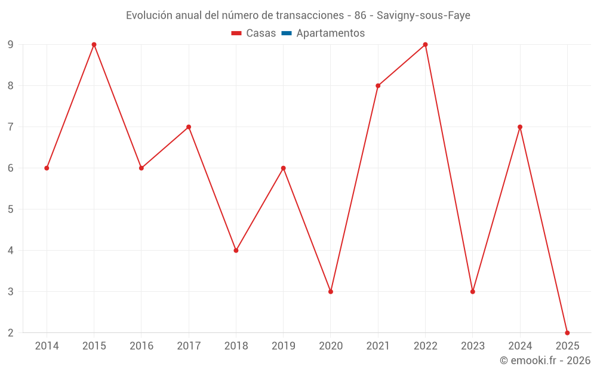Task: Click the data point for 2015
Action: [x=94, y=45]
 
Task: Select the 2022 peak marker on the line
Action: [x=425, y=45]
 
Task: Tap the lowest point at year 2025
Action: [x=567, y=332]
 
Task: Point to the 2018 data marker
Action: [x=236, y=250]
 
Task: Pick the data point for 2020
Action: [x=331, y=291]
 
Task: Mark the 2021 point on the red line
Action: [x=378, y=85]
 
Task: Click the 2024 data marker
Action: [x=520, y=127]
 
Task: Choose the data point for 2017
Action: [x=189, y=127]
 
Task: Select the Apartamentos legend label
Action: [x=330, y=33]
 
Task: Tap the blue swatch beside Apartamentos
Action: [x=286, y=33]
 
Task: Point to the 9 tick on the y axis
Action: [x=11, y=45]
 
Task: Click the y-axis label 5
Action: [x=11, y=209]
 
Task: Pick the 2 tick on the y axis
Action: [x=11, y=332]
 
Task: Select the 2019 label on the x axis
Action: [x=283, y=346]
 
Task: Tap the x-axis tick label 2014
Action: [x=47, y=346]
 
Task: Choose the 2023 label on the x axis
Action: [x=472, y=346]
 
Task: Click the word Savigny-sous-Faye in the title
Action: [x=423, y=16]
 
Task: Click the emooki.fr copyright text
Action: [x=545, y=360]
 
